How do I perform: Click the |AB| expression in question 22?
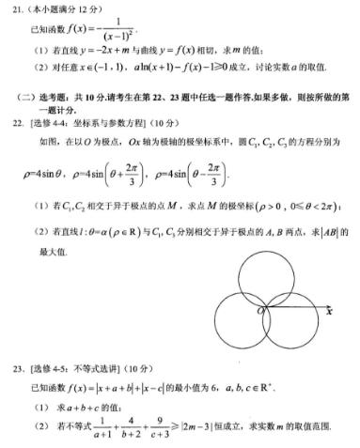334,232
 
